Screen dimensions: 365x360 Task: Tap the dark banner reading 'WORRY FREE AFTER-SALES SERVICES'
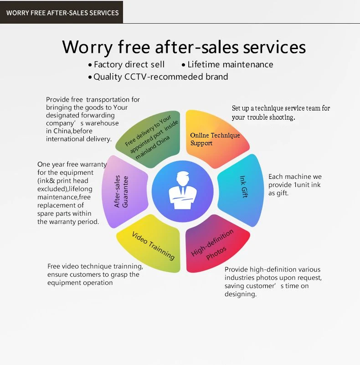tap(62, 12)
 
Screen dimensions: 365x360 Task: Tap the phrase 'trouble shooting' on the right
tap(271, 117)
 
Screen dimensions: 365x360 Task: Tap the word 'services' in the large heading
tap(277, 47)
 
